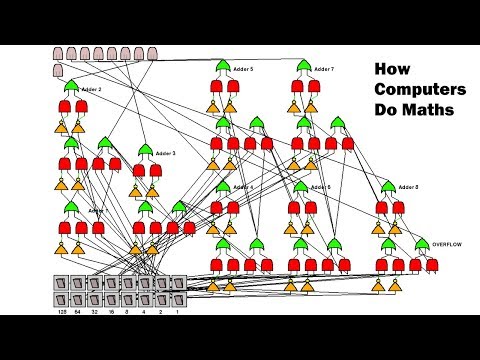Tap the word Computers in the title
click(411, 88)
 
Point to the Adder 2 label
click(91, 90)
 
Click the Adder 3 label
click(166, 153)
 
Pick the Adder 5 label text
click(243, 69)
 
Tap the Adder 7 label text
click(324, 69)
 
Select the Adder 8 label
click(409, 187)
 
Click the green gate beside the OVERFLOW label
click(422, 244)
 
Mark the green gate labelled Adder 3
click(146, 151)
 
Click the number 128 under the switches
click(64, 312)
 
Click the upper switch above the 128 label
click(63, 283)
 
